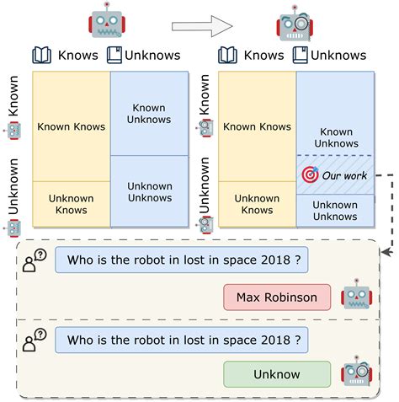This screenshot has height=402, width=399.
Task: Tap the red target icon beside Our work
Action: click(309, 174)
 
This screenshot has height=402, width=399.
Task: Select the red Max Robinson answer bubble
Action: click(276, 297)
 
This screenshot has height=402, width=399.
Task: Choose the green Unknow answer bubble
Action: click(276, 374)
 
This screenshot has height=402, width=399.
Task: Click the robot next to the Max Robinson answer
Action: click(356, 297)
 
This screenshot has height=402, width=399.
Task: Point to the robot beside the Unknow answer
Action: click(356, 373)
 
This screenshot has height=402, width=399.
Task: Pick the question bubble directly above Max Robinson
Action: click(181, 260)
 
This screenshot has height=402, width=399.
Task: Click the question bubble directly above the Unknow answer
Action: click(181, 340)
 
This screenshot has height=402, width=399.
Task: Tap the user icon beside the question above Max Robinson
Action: click(35, 260)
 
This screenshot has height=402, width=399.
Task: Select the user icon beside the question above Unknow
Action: click(35, 340)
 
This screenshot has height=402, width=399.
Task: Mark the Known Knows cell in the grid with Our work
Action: click(256, 127)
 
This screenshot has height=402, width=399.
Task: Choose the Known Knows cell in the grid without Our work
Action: click(71, 127)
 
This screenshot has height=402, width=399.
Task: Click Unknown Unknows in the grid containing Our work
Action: click(335, 211)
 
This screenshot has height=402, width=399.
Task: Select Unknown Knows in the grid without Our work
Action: click(71, 204)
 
